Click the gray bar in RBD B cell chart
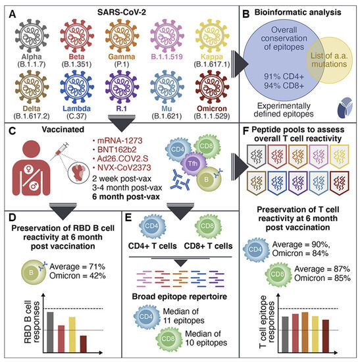click(50, 330)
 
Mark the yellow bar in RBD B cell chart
click(72, 333)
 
